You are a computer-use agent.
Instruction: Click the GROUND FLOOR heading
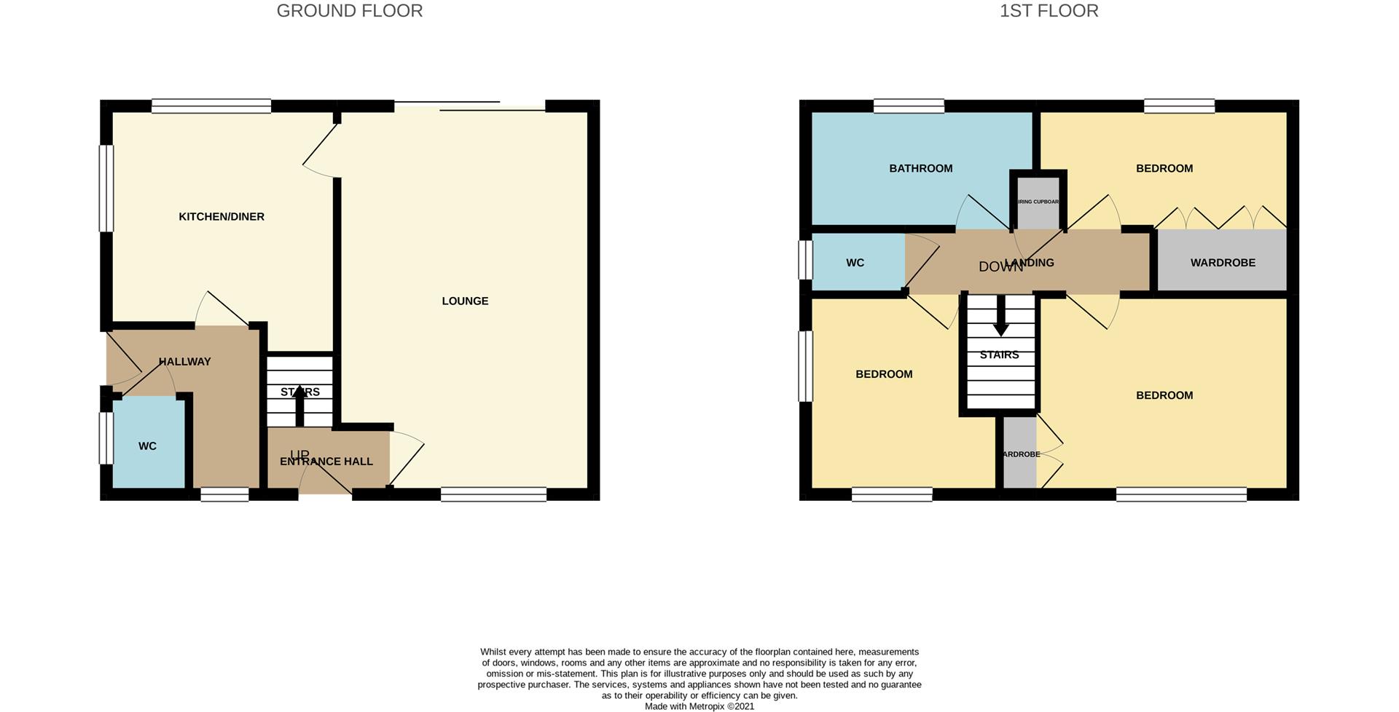point(349,11)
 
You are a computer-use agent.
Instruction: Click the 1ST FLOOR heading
point(1049,11)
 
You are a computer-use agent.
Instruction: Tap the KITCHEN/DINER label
point(222,216)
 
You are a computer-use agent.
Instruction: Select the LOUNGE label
point(465,301)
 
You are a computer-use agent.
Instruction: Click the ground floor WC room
point(147,446)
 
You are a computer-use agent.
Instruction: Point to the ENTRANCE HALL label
point(326,461)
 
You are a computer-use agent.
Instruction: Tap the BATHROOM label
point(920,168)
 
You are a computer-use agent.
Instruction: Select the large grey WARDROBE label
point(1223,262)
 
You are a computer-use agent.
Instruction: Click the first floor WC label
point(855,262)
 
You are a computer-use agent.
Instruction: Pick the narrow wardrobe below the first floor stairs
point(1019,454)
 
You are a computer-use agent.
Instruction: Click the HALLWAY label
point(184,361)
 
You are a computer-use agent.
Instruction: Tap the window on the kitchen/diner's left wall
point(107,188)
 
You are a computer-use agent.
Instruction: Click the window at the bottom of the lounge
point(493,494)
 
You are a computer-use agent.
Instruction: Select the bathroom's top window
point(909,106)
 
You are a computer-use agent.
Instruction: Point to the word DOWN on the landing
point(1000,267)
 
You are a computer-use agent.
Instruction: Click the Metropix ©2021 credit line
point(699,705)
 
